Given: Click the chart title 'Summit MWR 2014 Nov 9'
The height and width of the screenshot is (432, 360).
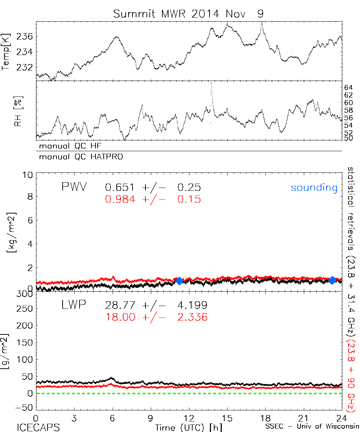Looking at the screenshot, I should point(189,14).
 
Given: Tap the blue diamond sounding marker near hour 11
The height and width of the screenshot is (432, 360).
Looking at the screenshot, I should point(179,281).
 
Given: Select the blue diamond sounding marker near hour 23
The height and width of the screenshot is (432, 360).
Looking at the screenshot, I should point(332,280).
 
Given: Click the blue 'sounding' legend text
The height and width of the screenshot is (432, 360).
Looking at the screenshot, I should point(314,188).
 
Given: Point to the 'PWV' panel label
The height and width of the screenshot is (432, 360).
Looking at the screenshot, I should point(74,187).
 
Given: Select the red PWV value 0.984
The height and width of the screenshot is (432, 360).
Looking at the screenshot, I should point(120,199).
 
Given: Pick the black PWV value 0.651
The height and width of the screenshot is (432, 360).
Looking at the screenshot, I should point(120,188).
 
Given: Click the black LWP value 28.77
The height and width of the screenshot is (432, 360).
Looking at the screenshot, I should point(120,305).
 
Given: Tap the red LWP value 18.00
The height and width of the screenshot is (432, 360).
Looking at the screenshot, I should point(120,317).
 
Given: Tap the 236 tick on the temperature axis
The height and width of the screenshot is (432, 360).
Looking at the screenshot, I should point(25,36).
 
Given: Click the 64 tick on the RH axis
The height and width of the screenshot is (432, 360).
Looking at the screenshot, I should point(348,87).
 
